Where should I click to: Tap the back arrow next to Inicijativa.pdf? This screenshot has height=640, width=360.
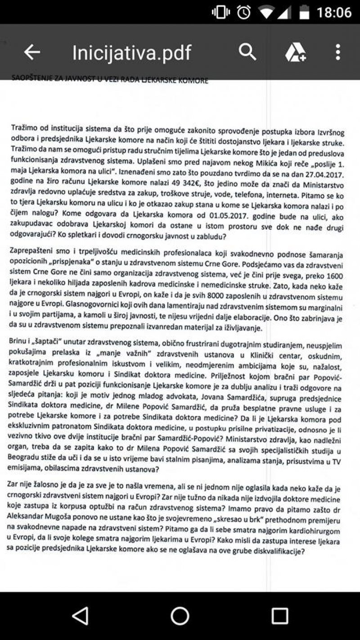click(32, 52)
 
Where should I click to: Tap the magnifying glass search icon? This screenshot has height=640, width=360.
click(247, 52)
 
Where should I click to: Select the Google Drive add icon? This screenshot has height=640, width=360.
click(296, 53)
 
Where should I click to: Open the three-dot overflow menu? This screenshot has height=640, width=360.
click(338, 52)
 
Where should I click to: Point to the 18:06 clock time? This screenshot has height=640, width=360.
click(334, 12)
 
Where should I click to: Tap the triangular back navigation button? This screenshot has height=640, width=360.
click(80, 615)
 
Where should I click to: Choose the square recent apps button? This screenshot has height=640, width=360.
click(279, 615)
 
